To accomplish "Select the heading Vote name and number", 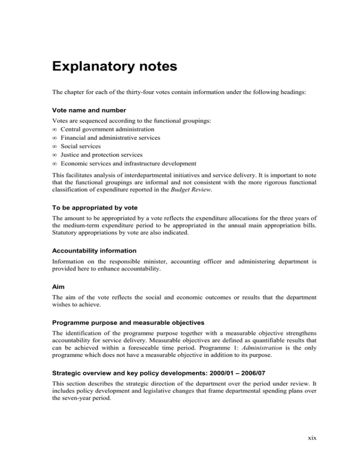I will (x=82, y=112).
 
